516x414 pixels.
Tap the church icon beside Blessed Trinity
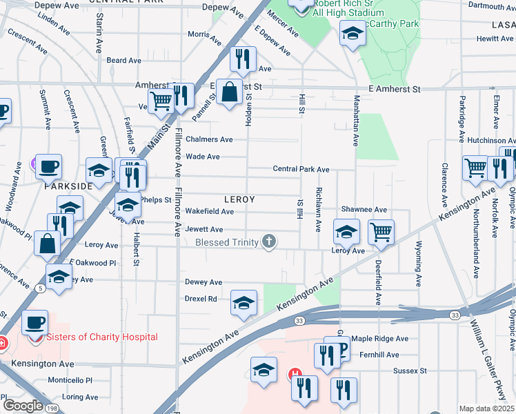(x=270, y=241)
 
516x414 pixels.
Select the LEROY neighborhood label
(x=239, y=199)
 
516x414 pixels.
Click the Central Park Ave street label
(x=301, y=169)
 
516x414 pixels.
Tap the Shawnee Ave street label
(x=364, y=210)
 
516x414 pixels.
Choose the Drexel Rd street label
(x=201, y=299)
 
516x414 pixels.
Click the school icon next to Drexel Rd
(x=244, y=302)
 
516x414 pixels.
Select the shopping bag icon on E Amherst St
(x=228, y=91)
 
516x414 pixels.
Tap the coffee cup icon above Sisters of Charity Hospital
(x=35, y=323)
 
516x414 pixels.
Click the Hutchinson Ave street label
(x=487, y=139)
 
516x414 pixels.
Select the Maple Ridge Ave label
(x=380, y=339)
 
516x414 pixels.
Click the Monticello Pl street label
(x=70, y=380)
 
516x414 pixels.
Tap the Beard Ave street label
(x=124, y=61)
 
